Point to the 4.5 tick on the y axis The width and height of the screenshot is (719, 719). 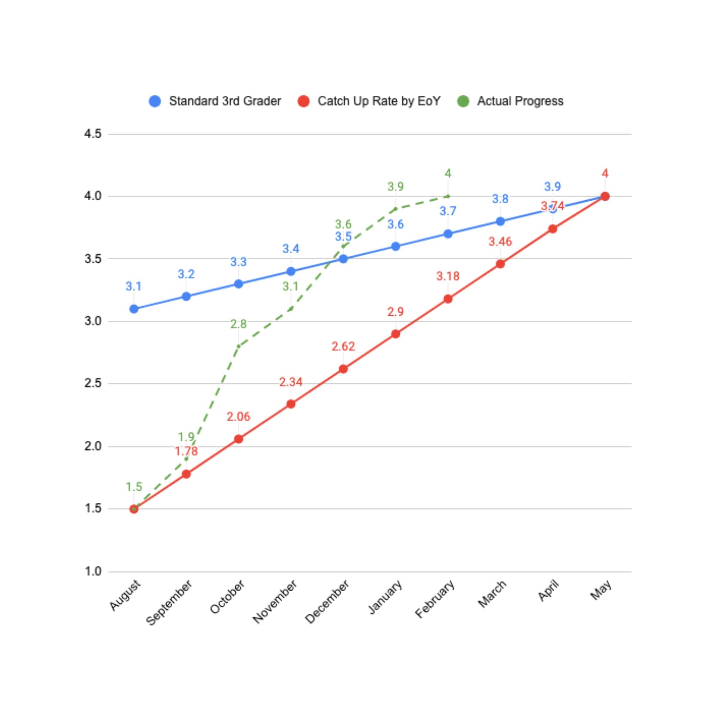pyautogui.click(x=93, y=134)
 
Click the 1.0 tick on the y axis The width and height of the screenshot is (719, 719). pyautogui.click(x=93, y=571)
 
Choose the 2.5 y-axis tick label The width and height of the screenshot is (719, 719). pyautogui.click(x=93, y=383)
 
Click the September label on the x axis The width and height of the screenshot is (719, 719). pyautogui.click(x=169, y=602)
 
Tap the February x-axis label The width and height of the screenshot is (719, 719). pyautogui.click(x=435, y=598)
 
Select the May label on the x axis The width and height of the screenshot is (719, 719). pyautogui.click(x=601, y=590)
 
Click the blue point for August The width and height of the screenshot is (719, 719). pyautogui.click(x=134, y=309)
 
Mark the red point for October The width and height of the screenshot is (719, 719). pyautogui.click(x=239, y=439)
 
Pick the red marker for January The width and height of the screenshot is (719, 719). pyautogui.click(x=396, y=334)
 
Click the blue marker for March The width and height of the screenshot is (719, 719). pyautogui.click(x=501, y=222)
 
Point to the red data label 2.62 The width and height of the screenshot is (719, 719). pyautogui.click(x=343, y=347)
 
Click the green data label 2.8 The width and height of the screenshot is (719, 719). pyautogui.click(x=238, y=324)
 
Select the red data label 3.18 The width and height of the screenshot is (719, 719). pyautogui.click(x=448, y=276)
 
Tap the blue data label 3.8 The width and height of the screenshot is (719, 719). pyautogui.click(x=500, y=199)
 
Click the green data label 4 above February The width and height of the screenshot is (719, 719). pyautogui.click(x=448, y=173)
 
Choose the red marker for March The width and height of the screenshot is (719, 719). pyautogui.click(x=501, y=264)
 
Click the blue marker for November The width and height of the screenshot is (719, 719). pyautogui.click(x=291, y=271)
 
